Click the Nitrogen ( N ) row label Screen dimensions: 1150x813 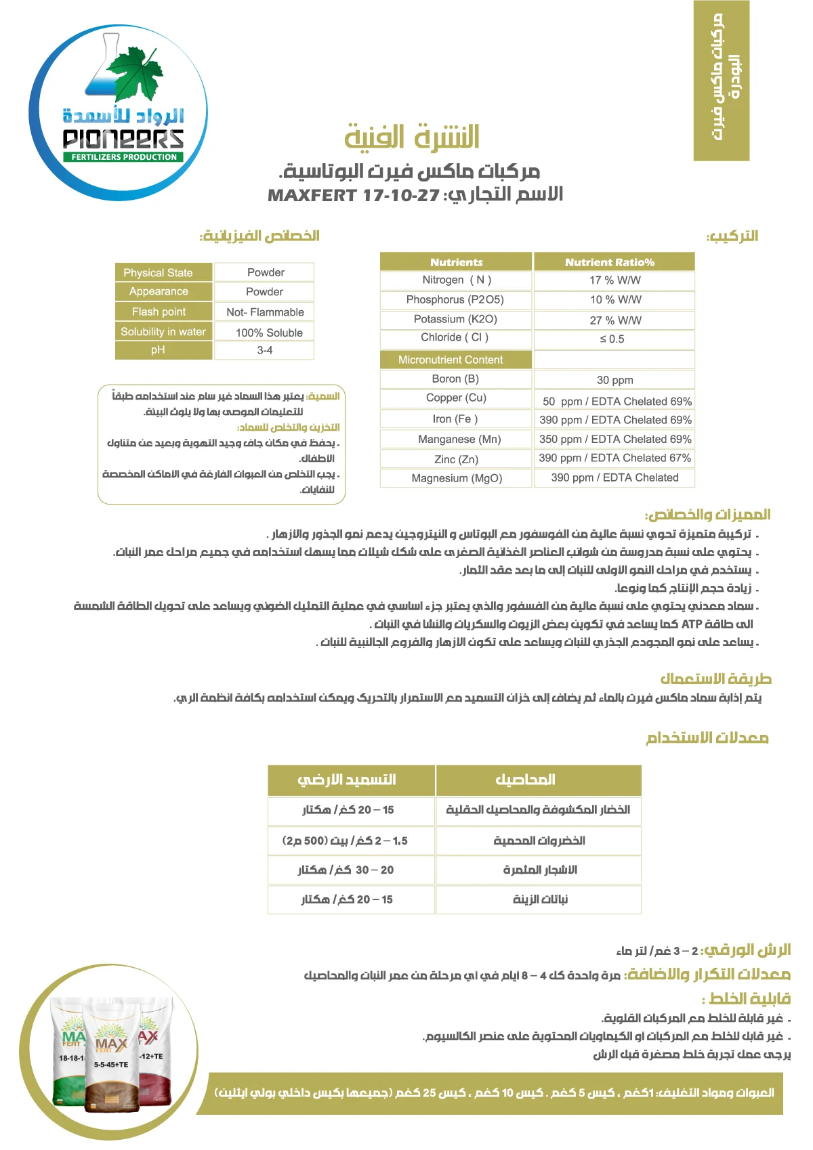(x=456, y=280)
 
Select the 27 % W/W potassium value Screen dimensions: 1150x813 (x=614, y=320)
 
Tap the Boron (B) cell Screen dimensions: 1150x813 (x=455, y=379)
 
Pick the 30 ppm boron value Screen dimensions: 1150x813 (x=614, y=381)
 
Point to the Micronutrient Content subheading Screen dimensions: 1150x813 (x=451, y=360)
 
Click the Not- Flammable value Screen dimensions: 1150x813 (x=265, y=312)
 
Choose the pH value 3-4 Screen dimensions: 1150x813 (x=265, y=350)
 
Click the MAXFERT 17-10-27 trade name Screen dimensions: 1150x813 (x=354, y=196)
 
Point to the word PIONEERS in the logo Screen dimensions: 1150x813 (x=123, y=139)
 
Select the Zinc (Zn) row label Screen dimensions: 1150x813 (x=456, y=459)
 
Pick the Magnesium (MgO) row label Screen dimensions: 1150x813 (x=457, y=478)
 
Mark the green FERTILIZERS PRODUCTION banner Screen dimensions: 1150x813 (x=124, y=157)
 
